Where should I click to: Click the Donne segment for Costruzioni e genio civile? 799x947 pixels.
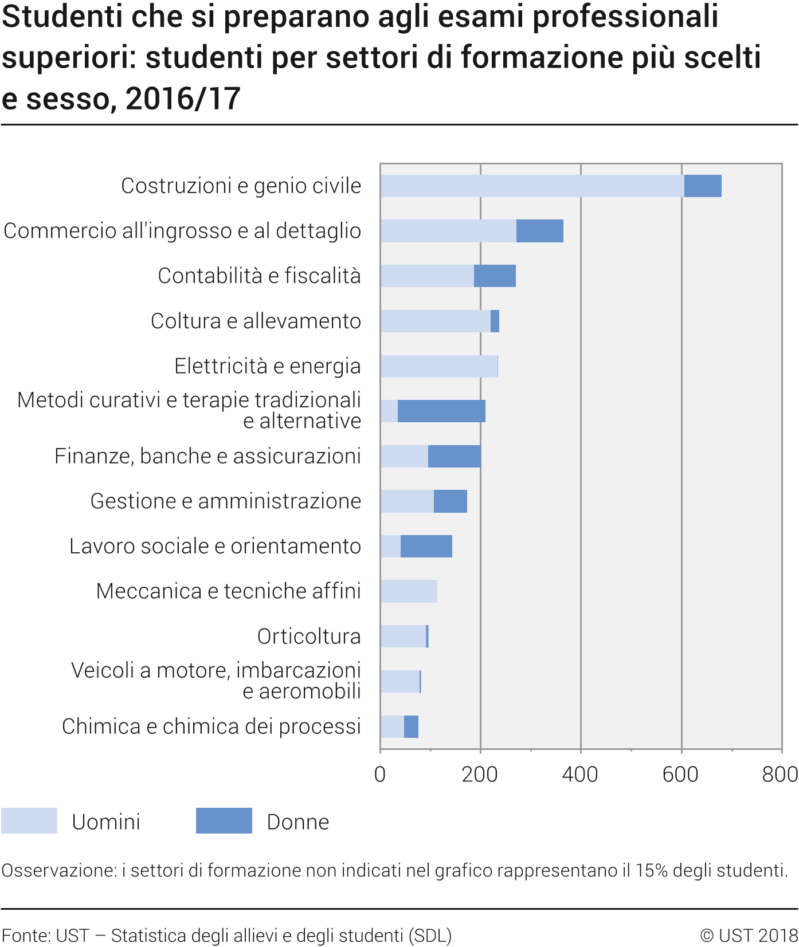(703, 186)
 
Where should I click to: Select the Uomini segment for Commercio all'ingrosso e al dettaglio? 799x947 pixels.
(448, 231)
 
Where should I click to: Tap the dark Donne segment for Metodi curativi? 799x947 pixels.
(441, 411)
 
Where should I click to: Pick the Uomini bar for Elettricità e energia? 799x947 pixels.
(438, 367)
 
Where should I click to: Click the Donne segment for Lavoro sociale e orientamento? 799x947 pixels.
(426, 547)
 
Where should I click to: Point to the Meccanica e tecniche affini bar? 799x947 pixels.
(409, 591)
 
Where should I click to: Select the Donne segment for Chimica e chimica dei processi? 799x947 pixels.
(411, 727)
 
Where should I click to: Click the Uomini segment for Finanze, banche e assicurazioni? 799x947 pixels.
(404, 457)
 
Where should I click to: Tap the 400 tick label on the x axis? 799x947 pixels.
(580, 775)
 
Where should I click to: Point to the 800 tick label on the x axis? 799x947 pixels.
(780, 775)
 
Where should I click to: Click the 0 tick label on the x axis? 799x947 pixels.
(379, 775)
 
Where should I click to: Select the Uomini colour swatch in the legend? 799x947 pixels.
(29, 821)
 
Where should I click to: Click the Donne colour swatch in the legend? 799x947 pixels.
(224, 821)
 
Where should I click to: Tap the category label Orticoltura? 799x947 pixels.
(309, 636)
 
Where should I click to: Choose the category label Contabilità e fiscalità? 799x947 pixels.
(259, 276)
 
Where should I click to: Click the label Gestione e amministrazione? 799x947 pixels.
(226, 501)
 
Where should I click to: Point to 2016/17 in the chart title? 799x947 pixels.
(183, 99)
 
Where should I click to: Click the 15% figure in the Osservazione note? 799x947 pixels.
(652, 871)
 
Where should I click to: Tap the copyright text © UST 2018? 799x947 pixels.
(749, 936)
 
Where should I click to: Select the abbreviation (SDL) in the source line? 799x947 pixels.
(430, 936)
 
